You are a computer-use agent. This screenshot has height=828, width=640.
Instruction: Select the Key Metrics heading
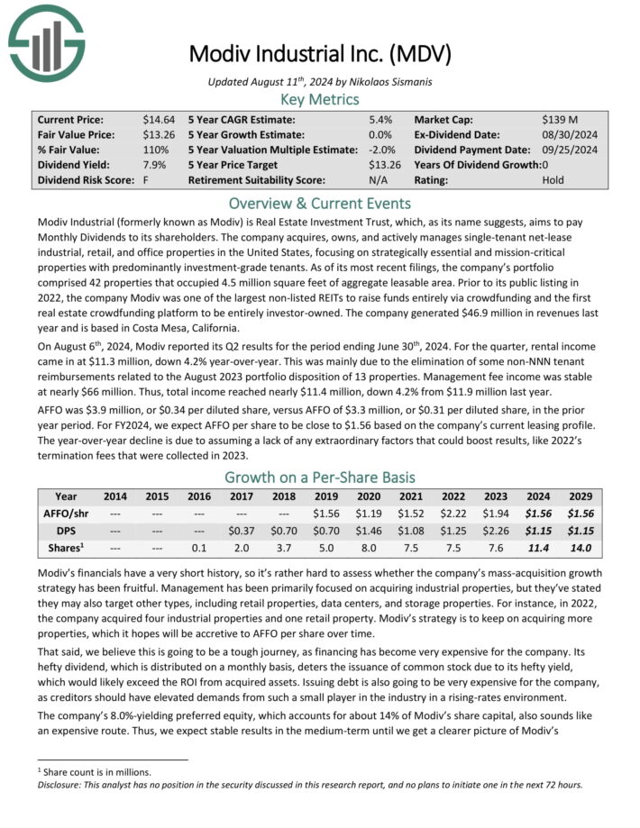[320, 99]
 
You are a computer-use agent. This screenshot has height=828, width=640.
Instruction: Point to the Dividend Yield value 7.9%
[151, 165]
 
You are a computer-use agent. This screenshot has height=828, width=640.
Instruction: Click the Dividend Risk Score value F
[144, 180]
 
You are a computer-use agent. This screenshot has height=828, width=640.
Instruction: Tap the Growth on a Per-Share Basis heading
[320, 478]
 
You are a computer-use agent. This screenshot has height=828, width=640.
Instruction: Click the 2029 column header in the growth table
[581, 496]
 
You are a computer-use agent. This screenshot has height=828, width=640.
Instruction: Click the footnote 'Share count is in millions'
[95, 772]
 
